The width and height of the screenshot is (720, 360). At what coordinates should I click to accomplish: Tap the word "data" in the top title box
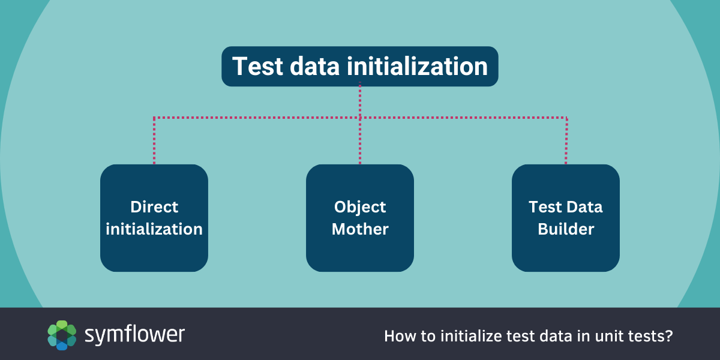point(314,66)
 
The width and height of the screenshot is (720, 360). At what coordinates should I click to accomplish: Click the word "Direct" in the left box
point(154,206)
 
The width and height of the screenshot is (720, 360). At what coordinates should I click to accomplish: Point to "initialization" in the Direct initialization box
point(154,229)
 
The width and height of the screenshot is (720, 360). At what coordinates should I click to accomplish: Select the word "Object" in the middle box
point(359,208)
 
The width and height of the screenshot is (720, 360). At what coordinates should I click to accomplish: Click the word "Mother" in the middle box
point(360,229)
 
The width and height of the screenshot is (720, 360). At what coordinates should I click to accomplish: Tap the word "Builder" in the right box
point(566,229)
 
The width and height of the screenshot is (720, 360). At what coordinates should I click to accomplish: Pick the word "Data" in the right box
point(584,206)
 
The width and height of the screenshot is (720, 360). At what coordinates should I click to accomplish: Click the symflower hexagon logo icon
point(62,335)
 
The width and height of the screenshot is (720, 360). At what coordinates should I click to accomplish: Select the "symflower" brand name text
point(134,335)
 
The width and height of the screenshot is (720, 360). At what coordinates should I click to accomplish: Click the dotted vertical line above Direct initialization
point(154,141)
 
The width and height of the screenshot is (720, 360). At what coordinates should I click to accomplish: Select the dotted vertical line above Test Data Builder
point(566,141)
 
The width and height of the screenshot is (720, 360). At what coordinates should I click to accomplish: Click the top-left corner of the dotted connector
point(154,118)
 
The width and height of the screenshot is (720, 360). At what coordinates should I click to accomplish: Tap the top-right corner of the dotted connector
point(566,118)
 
